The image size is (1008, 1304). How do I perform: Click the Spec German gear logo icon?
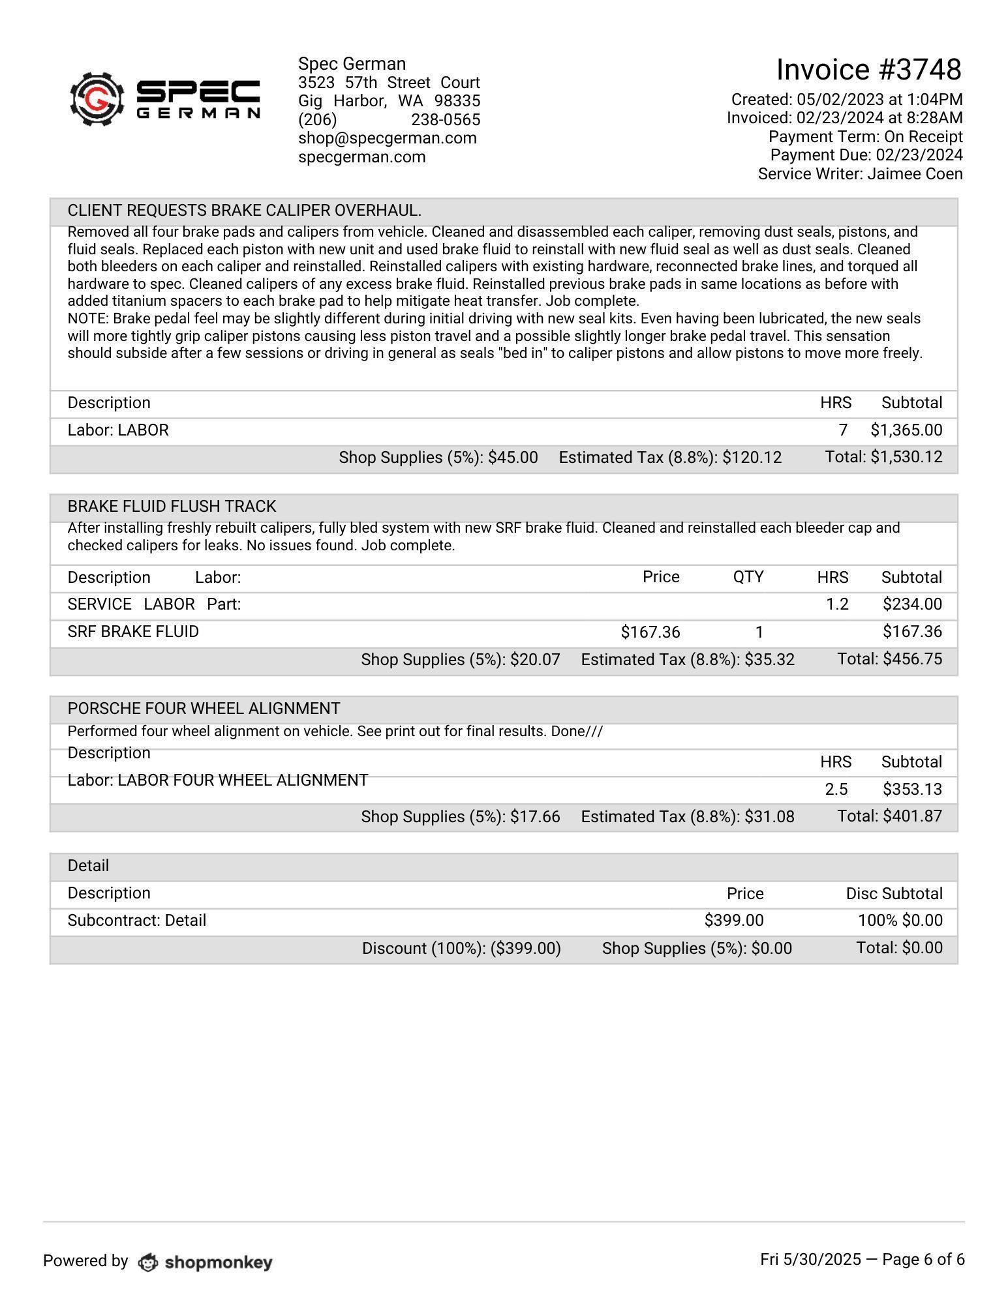[x=97, y=99]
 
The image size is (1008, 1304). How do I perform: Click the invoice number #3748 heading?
[x=868, y=69]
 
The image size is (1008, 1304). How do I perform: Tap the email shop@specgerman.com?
[x=387, y=138]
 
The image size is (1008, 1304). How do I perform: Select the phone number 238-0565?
[x=446, y=120]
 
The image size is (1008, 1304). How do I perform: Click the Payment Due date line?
[x=866, y=155]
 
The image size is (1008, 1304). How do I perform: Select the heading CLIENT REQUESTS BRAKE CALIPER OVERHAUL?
[x=244, y=211]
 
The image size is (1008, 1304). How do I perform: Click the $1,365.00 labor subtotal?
[x=906, y=430]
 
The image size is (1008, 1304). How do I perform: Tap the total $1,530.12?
[x=906, y=457]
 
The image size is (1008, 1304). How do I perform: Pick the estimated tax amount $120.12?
[x=752, y=458]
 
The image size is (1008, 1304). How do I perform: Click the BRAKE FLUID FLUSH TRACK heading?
[x=172, y=507]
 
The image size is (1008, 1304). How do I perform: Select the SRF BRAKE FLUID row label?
[x=133, y=632]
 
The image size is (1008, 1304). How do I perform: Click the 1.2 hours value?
[x=836, y=604]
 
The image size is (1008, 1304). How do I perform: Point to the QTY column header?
[x=748, y=577]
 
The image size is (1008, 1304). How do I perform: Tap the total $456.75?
[x=912, y=659]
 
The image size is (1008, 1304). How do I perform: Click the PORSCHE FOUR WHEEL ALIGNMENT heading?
[x=204, y=709]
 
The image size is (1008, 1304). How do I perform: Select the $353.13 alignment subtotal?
[x=912, y=790]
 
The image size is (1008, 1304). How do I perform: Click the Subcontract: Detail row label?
[x=137, y=921]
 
